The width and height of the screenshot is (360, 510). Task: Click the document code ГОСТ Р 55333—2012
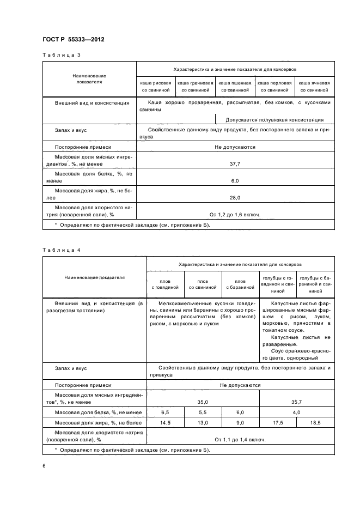pyautogui.click(x=74, y=40)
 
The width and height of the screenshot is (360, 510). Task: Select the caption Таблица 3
pyautogui.click(x=62, y=56)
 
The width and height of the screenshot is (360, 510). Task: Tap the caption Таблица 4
pyautogui.click(x=62, y=250)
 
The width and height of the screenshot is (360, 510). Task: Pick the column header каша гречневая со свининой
pyautogui.click(x=196, y=86)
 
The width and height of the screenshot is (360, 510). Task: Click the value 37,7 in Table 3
pyautogui.click(x=235, y=163)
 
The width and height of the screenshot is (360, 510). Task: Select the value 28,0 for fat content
pyautogui.click(x=235, y=198)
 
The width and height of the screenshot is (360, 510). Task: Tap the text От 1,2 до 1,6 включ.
pyautogui.click(x=235, y=214)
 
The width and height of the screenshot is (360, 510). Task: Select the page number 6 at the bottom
pyautogui.click(x=44, y=466)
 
